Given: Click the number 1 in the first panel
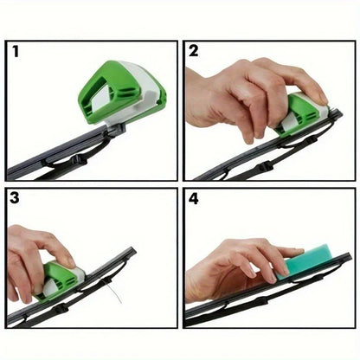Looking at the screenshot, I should coord(15,50).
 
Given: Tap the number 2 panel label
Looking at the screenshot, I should coord(194,50).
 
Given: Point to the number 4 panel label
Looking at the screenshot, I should coord(195,199).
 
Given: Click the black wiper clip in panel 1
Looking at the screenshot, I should coord(114,131).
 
